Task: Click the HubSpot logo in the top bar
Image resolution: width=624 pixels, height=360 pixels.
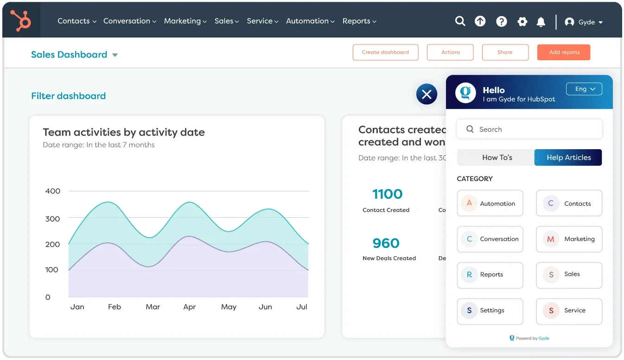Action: point(20,21)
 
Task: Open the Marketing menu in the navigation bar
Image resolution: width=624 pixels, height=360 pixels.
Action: point(185,21)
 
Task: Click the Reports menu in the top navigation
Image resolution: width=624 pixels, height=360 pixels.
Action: point(359,21)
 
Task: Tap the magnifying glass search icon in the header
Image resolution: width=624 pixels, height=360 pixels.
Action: point(460,21)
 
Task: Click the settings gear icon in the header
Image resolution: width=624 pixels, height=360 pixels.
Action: point(522,22)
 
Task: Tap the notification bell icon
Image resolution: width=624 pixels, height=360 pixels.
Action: point(541,22)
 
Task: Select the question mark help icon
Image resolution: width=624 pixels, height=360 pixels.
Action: point(501,21)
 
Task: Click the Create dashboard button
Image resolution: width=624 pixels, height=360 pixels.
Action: point(385,52)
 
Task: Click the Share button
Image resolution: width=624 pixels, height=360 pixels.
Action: point(505,52)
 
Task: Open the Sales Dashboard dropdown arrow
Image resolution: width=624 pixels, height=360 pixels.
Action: point(115,55)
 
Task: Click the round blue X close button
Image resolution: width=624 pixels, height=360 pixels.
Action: point(427,95)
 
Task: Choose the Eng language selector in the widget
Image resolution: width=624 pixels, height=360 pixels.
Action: point(584,89)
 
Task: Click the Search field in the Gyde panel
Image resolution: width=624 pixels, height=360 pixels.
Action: point(529,129)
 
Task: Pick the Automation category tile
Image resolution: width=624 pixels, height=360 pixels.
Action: point(490,203)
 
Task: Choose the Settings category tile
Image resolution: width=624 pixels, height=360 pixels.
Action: point(490,311)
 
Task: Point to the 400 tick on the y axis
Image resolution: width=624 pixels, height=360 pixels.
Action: point(53,191)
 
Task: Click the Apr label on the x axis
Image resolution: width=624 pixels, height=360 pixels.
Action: point(189,307)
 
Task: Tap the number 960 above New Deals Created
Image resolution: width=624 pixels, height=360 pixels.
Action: point(386,243)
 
